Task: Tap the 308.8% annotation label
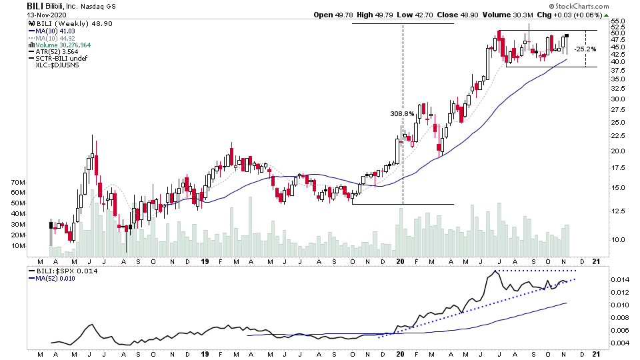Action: [x=402, y=114]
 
